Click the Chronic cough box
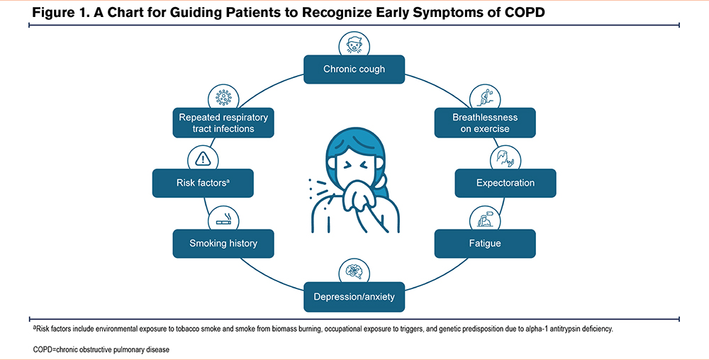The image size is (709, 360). pyautogui.click(x=354, y=69)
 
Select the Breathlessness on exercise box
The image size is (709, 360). pyautogui.click(x=485, y=123)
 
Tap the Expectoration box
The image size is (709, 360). pyautogui.click(x=505, y=183)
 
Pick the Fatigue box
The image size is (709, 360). pyautogui.click(x=485, y=244)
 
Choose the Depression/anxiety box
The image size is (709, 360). pyautogui.click(x=354, y=297)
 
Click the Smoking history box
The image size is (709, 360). pyautogui.click(x=223, y=244)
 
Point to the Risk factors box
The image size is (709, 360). pyautogui.click(x=203, y=183)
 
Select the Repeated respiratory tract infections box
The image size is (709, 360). pyautogui.click(x=223, y=123)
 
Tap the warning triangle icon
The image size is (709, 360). pyautogui.click(x=203, y=159)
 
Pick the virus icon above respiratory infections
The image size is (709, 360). pyautogui.click(x=223, y=98)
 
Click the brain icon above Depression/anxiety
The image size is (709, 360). pyautogui.click(x=354, y=272)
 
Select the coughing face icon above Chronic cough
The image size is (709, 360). pyautogui.click(x=354, y=45)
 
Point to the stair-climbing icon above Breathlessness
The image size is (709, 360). pyautogui.click(x=485, y=98)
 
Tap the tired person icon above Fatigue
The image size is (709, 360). pyautogui.click(x=485, y=219)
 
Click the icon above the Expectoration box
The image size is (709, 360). pyautogui.click(x=505, y=159)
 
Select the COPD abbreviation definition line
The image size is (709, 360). pyautogui.click(x=101, y=349)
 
